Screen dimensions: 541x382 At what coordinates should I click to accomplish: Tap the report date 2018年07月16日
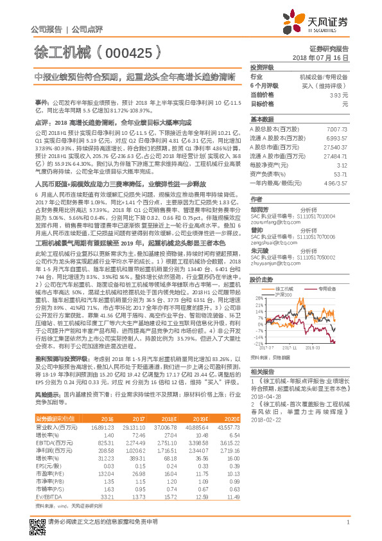[324, 58]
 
